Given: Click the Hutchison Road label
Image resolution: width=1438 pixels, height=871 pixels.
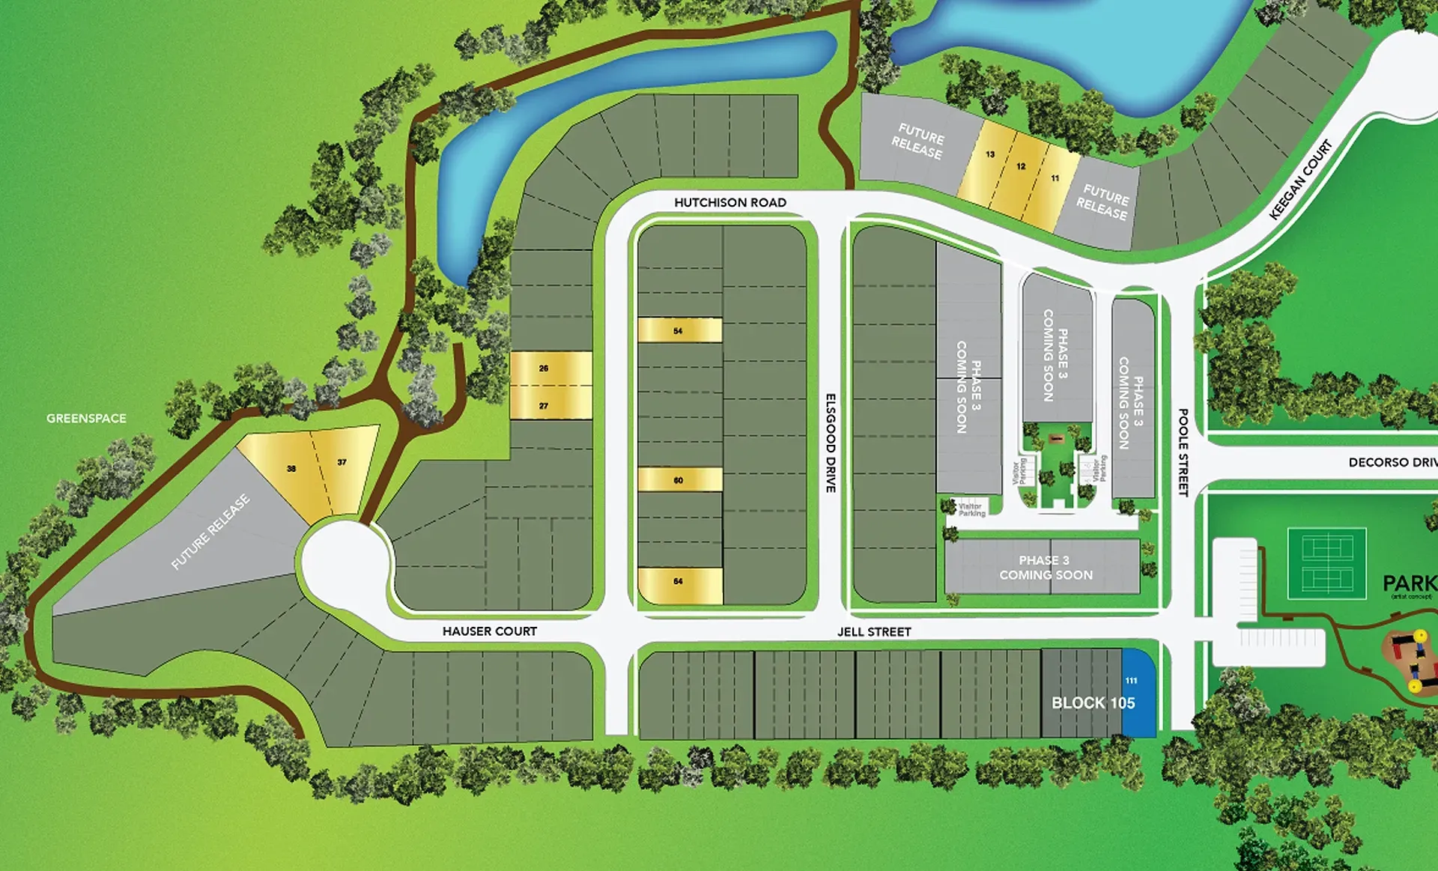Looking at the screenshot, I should pos(729,202).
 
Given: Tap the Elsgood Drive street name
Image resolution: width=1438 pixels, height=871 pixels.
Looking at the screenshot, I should pos(830,443).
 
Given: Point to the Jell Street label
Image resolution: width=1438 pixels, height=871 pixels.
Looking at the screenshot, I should pos(874,632).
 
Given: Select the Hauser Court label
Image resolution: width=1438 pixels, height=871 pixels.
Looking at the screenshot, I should pos(489,631).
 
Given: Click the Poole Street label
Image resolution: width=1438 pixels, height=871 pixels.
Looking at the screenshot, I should pos(1183,452).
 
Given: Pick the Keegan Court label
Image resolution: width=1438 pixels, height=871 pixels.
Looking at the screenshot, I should pos(1301,180).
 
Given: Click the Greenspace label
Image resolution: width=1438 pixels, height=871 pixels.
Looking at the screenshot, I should pos(86,418).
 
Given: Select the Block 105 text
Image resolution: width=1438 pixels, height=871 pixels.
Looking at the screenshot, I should pos(1093,703).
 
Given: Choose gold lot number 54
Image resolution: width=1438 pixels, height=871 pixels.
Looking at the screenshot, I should pos(679,330).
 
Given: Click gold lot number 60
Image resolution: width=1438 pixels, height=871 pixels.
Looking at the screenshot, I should pos(679,480).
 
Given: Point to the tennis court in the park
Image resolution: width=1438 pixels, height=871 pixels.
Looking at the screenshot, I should pos(1326,563).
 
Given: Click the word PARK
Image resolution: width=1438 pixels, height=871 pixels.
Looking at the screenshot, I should pos(1409,583).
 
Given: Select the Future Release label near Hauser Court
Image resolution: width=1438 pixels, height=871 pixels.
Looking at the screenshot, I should pos(210,532).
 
